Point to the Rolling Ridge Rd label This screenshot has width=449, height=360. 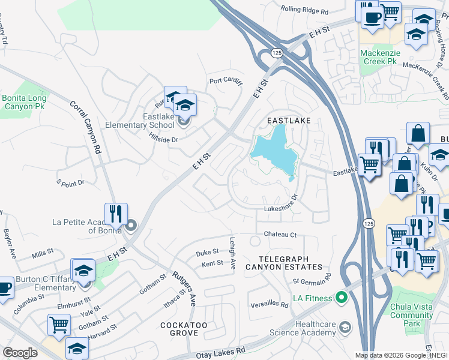click(x=305, y=11)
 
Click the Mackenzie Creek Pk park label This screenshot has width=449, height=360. click(x=379, y=57)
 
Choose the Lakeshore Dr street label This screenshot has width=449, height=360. click(x=282, y=208)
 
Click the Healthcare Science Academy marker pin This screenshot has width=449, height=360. click(x=345, y=327)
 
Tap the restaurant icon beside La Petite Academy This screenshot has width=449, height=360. click(x=114, y=214)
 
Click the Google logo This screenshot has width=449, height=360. click(x=20, y=353)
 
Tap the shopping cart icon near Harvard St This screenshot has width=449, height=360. click(x=59, y=325)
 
